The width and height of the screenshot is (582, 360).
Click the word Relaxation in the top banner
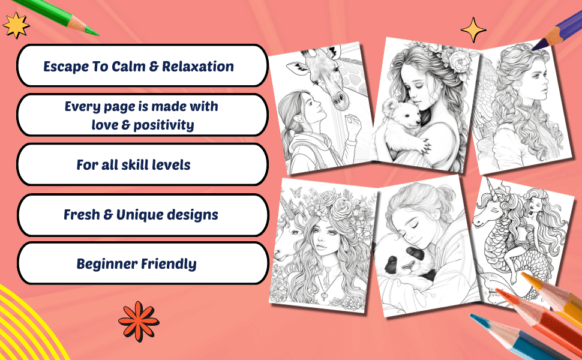pos(198,67)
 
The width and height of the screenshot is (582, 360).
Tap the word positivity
pos(163,125)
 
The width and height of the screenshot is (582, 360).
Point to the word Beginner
pos(107,264)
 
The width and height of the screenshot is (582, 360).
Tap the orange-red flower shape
pos(139,322)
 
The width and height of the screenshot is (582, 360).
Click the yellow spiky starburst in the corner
pos(16,25)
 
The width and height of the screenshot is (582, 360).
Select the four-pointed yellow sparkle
pos(473,29)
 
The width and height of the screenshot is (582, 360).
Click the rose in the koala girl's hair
pos(459,61)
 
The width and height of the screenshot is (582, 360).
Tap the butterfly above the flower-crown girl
pos(295,191)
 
